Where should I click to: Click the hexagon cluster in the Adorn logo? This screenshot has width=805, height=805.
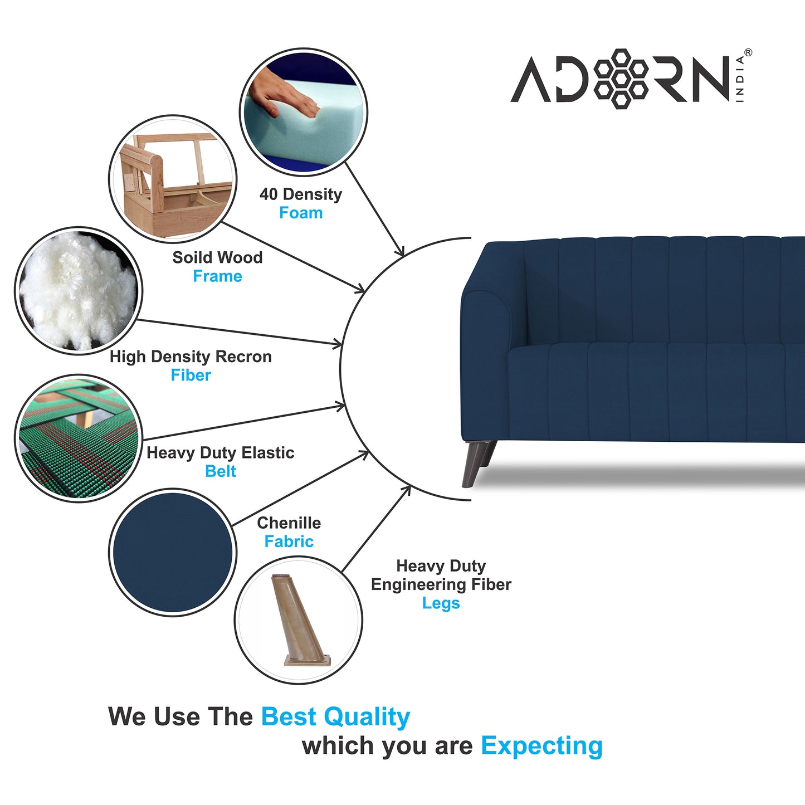[x=621, y=79]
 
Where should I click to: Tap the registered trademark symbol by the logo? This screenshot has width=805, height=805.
[x=748, y=53]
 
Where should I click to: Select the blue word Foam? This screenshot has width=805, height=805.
[x=301, y=213]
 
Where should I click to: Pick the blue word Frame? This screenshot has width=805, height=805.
[x=217, y=276]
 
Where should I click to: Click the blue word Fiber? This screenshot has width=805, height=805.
[x=191, y=375]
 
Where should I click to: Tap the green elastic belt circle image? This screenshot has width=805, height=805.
[x=78, y=438]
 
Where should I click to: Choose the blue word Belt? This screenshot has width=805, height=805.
[x=221, y=471]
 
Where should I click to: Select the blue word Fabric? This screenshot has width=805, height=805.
[x=289, y=541]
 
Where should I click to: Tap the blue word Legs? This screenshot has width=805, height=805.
[x=441, y=603]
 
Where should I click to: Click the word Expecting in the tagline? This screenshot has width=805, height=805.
[x=541, y=746]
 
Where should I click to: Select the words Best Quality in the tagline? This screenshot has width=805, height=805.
[x=335, y=717]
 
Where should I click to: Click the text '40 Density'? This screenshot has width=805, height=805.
[x=301, y=194]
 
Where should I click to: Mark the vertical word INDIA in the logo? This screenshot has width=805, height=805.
[x=740, y=79]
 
